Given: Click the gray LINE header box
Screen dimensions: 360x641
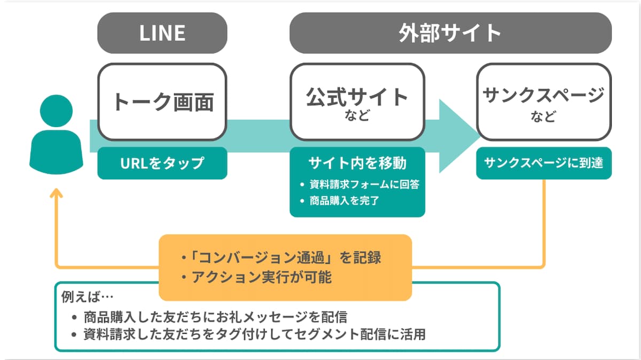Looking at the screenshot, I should click(x=162, y=33).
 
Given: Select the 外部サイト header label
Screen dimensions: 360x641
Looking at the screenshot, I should click(x=450, y=33).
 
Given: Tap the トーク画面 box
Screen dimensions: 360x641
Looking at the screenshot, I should click(x=162, y=101).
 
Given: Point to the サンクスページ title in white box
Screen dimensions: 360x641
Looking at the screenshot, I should click(x=543, y=95).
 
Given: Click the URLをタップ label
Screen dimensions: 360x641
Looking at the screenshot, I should click(x=162, y=162).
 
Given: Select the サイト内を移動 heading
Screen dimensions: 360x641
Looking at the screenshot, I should click(x=357, y=162).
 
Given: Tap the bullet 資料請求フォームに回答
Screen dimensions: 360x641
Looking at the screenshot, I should click(x=363, y=184).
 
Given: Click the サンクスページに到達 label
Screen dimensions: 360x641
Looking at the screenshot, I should click(x=543, y=162).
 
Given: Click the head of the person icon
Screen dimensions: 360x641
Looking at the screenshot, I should click(x=56, y=111).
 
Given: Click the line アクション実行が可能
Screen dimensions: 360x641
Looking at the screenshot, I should click(x=256, y=277).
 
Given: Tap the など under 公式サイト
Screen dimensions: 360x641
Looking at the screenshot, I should click(x=357, y=116).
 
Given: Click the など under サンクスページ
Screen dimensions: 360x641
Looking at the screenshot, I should click(x=543, y=116).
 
